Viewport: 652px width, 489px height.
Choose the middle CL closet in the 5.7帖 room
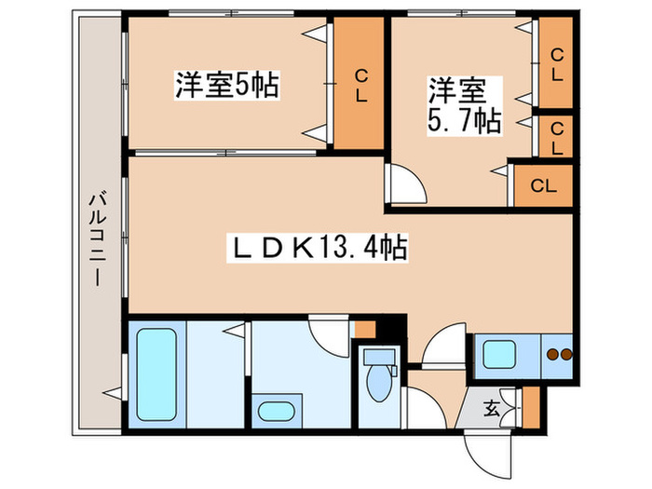pos(556,137)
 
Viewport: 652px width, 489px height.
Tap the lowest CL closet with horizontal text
pos(543,185)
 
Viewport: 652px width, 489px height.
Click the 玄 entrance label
pos(492,406)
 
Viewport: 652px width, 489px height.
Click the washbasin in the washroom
pos(276,411)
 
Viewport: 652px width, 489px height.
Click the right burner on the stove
pos(564,354)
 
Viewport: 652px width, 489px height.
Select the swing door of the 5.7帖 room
pos(406,184)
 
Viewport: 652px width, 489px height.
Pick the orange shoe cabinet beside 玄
pos(531,406)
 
